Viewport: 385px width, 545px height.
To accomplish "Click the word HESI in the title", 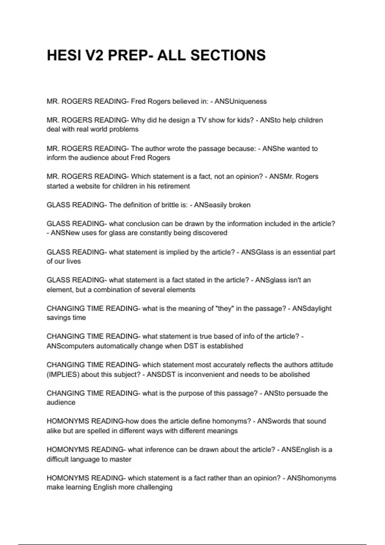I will (x=63, y=55).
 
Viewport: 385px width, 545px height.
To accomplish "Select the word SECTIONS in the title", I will (x=228, y=55).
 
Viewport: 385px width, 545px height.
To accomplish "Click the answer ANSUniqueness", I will (x=240, y=101).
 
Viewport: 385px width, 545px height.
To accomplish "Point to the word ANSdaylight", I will (x=312, y=308).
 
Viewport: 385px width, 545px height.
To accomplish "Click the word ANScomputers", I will (x=71, y=346).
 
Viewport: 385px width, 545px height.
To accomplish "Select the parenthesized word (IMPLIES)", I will (x=63, y=374).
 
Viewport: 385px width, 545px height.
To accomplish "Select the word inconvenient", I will (x=204, y=374).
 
